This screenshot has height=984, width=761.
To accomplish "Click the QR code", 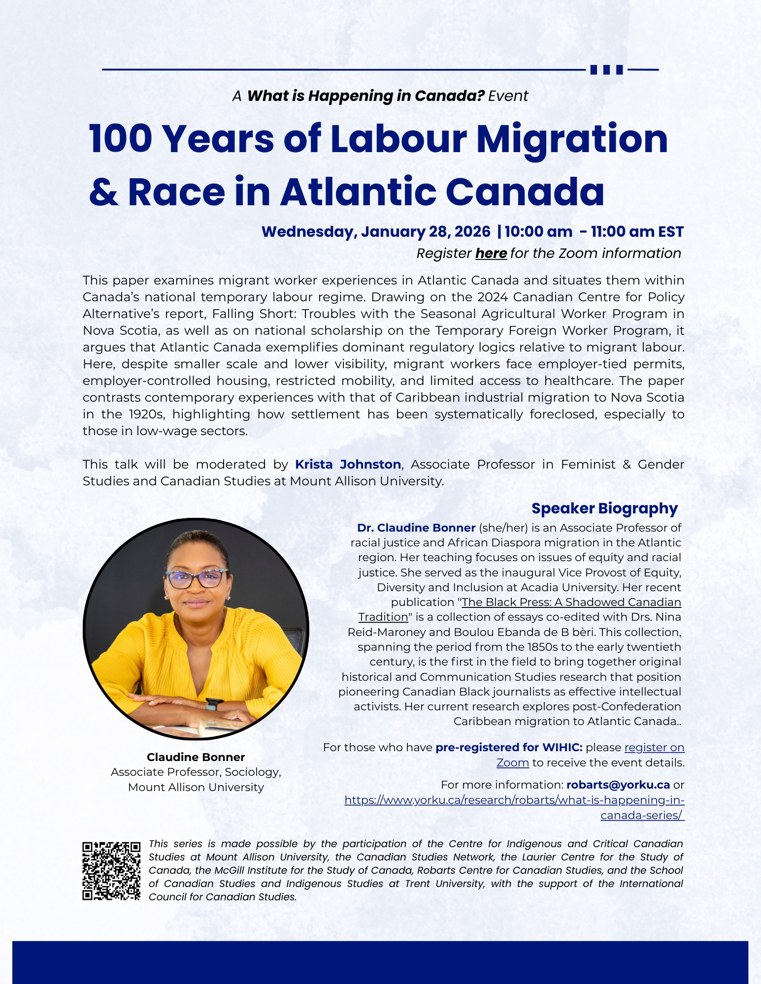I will pos(111,871).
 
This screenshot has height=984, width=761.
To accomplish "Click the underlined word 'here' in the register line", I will pos(491,254).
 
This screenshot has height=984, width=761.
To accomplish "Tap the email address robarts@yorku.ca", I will pos(618,785).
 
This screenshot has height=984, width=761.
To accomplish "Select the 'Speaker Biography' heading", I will pos(604,508).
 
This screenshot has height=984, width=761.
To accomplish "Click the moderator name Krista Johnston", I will pos(348,464).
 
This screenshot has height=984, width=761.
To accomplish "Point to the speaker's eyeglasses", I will pos(196,578).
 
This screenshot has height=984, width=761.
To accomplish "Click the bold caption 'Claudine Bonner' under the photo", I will pos(196,757).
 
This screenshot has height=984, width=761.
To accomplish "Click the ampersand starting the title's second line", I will pos(104,192).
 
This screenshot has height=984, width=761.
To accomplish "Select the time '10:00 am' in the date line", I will pos(538,232).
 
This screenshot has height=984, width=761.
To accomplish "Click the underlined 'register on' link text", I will pos(654,747).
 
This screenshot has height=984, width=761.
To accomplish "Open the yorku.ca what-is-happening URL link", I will pos(514,800).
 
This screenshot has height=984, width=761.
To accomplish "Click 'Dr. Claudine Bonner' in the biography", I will pos(416,528).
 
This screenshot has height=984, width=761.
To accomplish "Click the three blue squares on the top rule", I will pos(606,69).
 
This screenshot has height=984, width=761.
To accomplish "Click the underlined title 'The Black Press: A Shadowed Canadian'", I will pos(571,602).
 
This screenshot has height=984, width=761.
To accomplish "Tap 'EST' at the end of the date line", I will pos(670,232).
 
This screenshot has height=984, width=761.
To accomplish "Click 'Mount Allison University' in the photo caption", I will pos(196,787).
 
